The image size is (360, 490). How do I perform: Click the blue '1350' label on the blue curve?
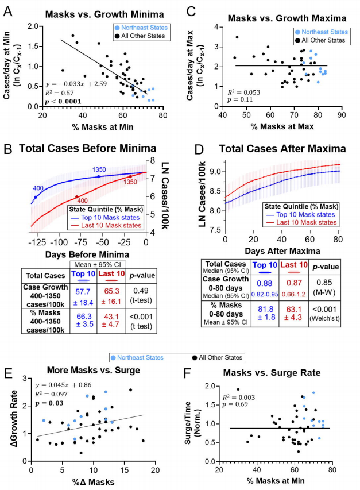coord(100,170)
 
